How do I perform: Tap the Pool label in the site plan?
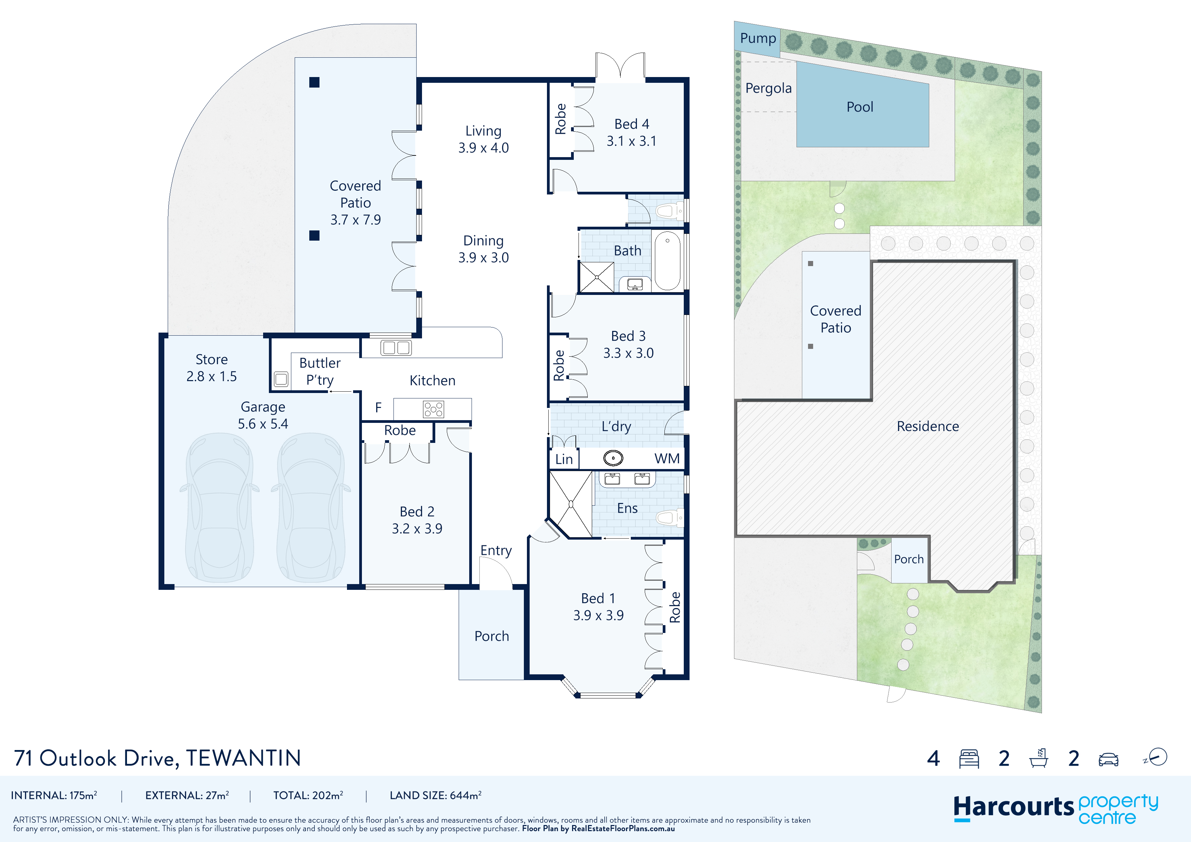[860, 107]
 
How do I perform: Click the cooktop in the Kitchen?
[433, 409]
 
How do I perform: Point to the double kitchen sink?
[396, 348]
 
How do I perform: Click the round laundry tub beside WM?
[613, 458]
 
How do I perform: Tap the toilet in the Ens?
[670, 517]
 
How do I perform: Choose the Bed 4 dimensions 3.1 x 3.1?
[631, 141]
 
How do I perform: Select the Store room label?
[212, 359]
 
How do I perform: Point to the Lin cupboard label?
[564, 459]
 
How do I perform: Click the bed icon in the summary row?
[969, 759]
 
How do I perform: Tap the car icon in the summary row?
[1108, 760]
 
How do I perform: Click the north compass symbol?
[1156, 757]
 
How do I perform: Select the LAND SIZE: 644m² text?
[435, 796]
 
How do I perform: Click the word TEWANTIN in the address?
[243, 758]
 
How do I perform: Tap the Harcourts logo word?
[1013, 808]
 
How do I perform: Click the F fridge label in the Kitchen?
[378, 408]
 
